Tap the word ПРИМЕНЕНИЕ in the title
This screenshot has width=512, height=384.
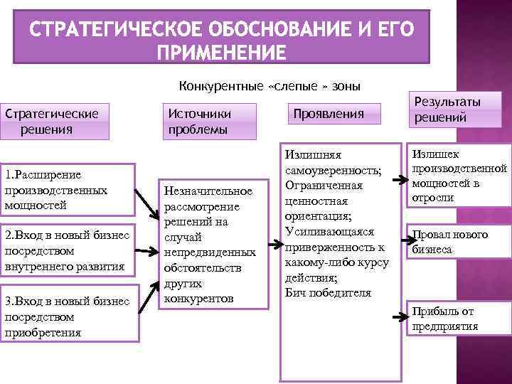[x=222, y=53]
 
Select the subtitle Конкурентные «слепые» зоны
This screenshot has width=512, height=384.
[x=270, y=86]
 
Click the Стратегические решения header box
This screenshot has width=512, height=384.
[x=56, y=121]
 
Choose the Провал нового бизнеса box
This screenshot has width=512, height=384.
[x=458, y=242]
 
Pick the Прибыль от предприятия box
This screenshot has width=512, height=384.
[x=458, y=318]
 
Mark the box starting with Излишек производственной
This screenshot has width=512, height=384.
[x=458, y=176]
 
